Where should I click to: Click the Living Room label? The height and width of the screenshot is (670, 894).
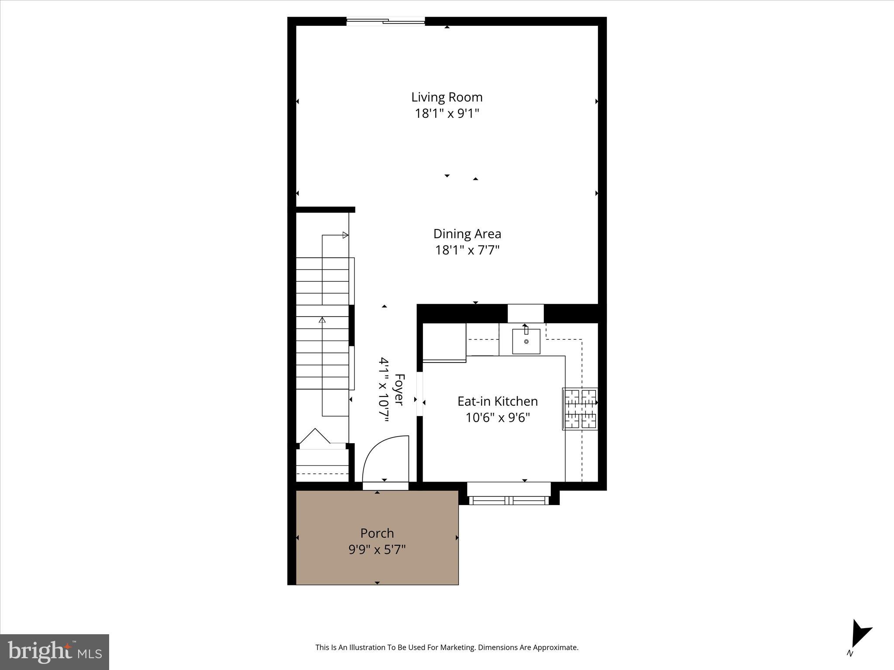(447, 97)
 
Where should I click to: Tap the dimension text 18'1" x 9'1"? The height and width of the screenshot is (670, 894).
(447, 113)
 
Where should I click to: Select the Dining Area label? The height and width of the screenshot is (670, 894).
(467, 234)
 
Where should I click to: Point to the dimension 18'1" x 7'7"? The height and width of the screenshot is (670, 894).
(467, 250)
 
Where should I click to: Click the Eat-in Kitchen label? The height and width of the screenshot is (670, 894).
(497, 401)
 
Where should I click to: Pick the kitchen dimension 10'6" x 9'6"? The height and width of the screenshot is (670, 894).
(497, 418)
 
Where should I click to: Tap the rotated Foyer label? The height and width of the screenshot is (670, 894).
(399, 390)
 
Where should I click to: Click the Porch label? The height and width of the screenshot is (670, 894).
(377, 533)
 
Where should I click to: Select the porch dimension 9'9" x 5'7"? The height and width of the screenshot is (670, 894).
(377, 550)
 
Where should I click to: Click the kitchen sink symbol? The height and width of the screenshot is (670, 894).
(526, 341)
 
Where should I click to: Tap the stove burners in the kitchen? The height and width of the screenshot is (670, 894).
(580, 409)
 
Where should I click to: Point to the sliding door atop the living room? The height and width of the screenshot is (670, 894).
(385, 21)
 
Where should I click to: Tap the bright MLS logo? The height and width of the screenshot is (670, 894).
(55, 652)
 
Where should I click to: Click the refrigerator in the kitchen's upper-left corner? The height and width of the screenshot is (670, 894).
(444, 342)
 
